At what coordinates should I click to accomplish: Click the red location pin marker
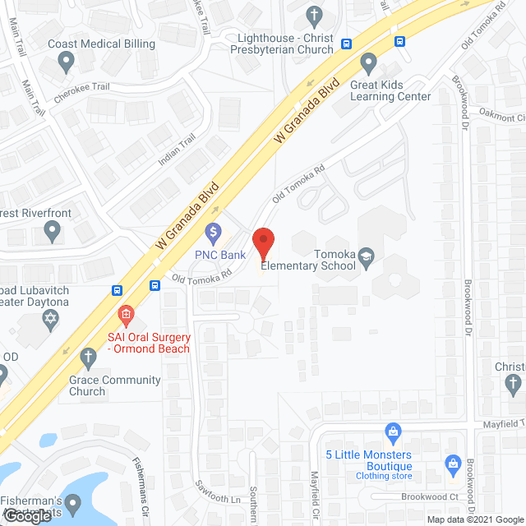(x=263, y=242)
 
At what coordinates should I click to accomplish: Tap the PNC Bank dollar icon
(x=214, y=233)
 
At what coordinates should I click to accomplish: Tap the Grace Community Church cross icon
(x=88, y=358)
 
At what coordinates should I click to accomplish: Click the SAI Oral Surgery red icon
(x=126, y=314)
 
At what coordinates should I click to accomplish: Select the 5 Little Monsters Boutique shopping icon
(x=393, y=431)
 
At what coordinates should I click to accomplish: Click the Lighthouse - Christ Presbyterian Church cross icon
(x=313, y=15)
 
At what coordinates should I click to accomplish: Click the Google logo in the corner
(x=26, y=516)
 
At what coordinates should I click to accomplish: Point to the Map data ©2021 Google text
(x=474, y=519)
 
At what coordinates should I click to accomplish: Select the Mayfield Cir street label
(x=314, y=491)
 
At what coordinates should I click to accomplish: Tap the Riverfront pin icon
(x=53, y=233)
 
